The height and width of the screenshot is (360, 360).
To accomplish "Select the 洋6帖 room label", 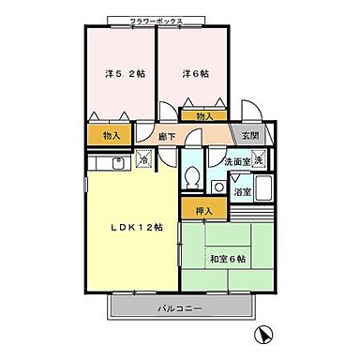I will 195,72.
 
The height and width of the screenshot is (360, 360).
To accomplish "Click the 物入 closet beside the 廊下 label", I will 112,136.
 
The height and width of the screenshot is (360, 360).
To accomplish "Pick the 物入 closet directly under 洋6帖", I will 204,116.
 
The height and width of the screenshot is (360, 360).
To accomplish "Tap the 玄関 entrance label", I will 249,136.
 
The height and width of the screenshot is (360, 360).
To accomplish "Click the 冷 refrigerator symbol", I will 143,159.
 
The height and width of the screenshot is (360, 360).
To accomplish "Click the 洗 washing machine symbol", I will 258,160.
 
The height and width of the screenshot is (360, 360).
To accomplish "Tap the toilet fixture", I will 192,175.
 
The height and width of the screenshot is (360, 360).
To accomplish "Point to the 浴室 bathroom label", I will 242,192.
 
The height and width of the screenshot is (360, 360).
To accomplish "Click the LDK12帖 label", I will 135,228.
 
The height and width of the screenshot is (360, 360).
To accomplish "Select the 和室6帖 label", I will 229,258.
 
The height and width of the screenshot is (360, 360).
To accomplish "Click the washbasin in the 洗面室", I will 217,187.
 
